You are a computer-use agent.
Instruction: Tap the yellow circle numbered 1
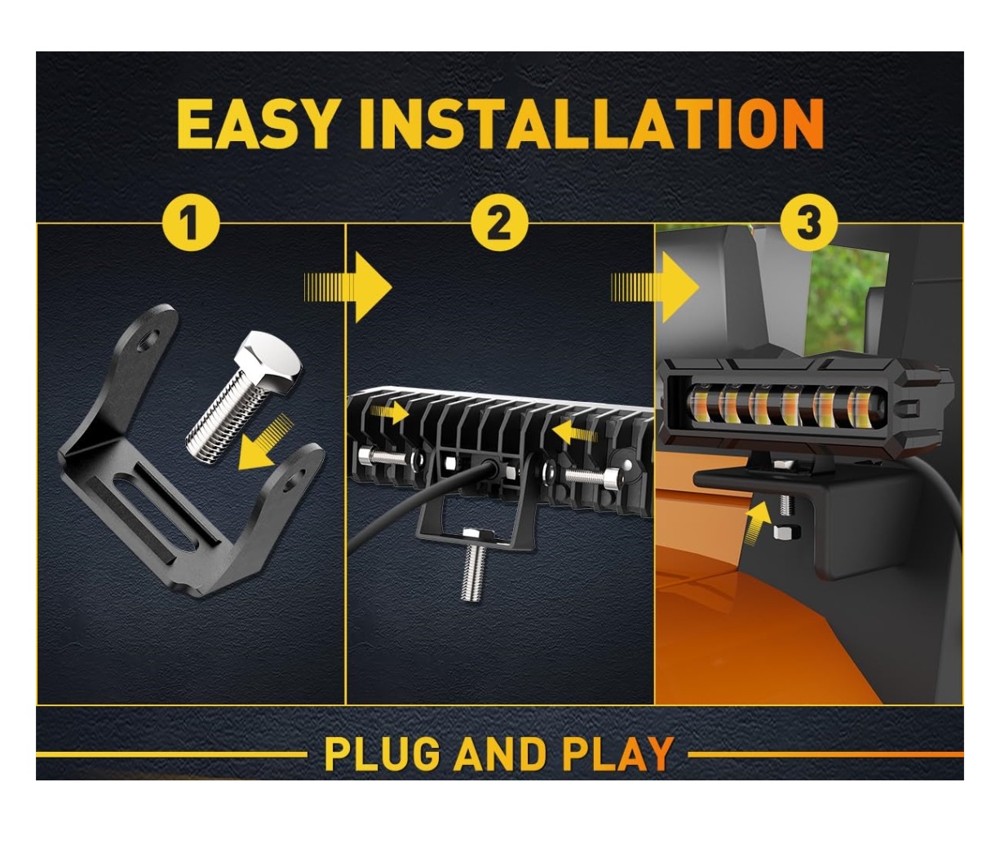pos(191,223)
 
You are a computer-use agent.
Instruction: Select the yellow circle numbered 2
pos(499,223)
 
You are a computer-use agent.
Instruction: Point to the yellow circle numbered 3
pos(809,223)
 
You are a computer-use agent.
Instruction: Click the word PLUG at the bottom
pos(382,754)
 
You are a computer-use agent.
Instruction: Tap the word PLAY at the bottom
pos(617,754)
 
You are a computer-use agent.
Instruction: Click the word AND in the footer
pos(500,754)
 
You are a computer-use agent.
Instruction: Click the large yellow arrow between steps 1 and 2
pos(348,288)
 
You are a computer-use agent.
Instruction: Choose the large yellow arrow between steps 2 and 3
pos(656,288)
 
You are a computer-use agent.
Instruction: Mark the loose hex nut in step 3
pos(787,532)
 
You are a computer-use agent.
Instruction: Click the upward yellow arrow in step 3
pos(757,524)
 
